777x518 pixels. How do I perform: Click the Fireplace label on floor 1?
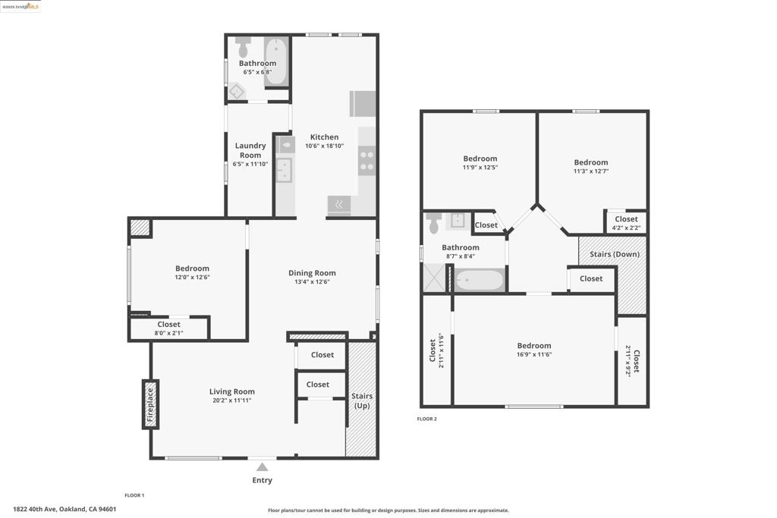[150, 404]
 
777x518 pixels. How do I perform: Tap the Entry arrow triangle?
[262, 467]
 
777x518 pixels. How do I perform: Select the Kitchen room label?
[325, 137]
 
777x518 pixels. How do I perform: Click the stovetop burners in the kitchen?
[366, 161]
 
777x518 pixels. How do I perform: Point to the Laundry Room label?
[250, 150]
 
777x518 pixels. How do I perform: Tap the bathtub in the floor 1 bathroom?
[276, 61]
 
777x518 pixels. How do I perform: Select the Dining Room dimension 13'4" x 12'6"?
[312, 282]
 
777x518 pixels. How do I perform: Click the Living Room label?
[232, 391]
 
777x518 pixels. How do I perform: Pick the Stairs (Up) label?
[362, 400]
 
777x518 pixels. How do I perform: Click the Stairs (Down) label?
[615, 254]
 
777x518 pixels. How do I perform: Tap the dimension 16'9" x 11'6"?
[534, 355]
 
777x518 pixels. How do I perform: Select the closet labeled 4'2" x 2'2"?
[626, 223]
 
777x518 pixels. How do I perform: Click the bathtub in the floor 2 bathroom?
[480, 281]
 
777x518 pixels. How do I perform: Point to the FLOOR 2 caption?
[426, 419]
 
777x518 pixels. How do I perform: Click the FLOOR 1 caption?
[134, 495]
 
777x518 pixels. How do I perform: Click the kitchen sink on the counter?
[284, 170]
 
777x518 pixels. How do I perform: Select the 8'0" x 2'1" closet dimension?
[169, 333]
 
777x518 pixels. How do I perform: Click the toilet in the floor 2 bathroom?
[434, 222]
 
